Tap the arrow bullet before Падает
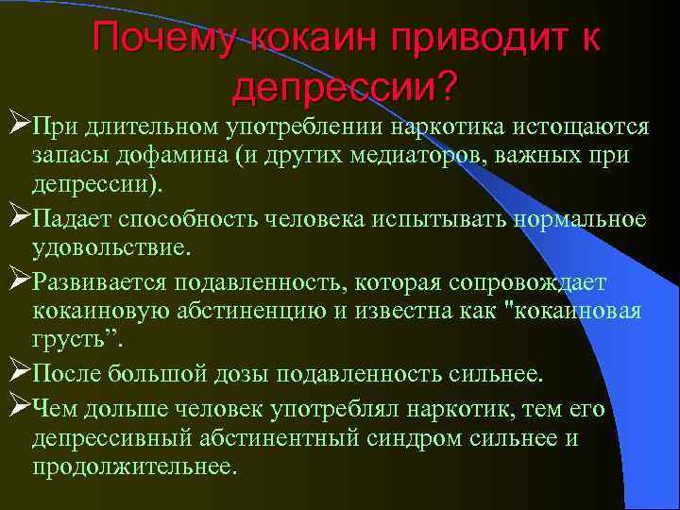15,218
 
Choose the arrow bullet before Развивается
15,280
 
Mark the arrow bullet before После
15,371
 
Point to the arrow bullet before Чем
15,407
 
